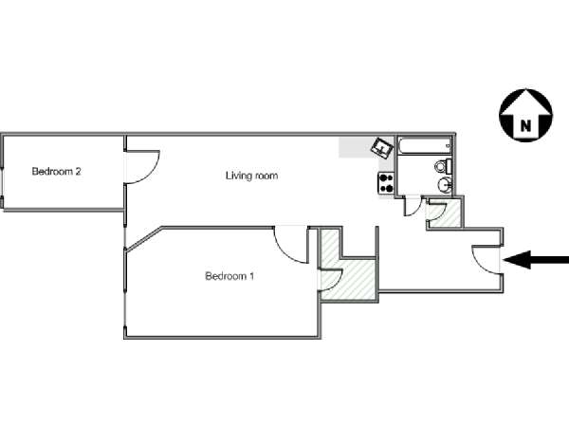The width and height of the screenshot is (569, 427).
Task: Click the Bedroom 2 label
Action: [56, 171]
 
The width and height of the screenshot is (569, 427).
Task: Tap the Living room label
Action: [252, 176]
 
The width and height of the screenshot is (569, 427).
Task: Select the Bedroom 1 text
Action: [229, 276]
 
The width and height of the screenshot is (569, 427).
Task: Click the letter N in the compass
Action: [525, 125]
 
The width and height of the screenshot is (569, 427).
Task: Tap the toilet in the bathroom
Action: [444, 166]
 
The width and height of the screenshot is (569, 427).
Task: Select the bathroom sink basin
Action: [445, 186]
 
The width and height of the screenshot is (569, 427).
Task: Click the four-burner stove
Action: [386, 182]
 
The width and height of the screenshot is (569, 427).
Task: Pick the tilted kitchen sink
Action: [382, 148]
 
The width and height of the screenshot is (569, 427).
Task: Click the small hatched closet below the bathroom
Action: [445, 213]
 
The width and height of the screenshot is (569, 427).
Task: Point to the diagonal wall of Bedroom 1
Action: [144, 238]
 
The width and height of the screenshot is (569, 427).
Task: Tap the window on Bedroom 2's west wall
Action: [3, 183]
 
